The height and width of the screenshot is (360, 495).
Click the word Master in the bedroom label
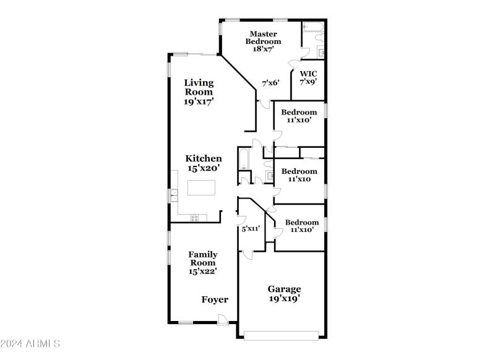click(x=263, y=33)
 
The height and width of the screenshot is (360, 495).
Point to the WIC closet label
click(x=308, y=74)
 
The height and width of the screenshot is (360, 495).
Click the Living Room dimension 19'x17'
click(x=199, y=101)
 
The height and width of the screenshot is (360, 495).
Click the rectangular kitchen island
click(x=203, y=187)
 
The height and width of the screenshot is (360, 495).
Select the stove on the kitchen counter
click(x=195, y=216)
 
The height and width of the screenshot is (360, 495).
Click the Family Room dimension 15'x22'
click(x=202, y=270)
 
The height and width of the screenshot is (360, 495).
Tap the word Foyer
click(x=215, y=299)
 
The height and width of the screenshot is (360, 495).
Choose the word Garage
click(x=284, y=289)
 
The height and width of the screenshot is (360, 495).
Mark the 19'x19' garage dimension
click(x=284, y=299)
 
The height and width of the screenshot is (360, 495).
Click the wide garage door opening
click(x=282, y=335)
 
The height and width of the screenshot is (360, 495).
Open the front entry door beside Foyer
click(x=223, y=319)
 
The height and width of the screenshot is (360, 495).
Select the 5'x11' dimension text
click(x=250, y=229)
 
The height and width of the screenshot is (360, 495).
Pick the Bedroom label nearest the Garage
click(x=302, y=223)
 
